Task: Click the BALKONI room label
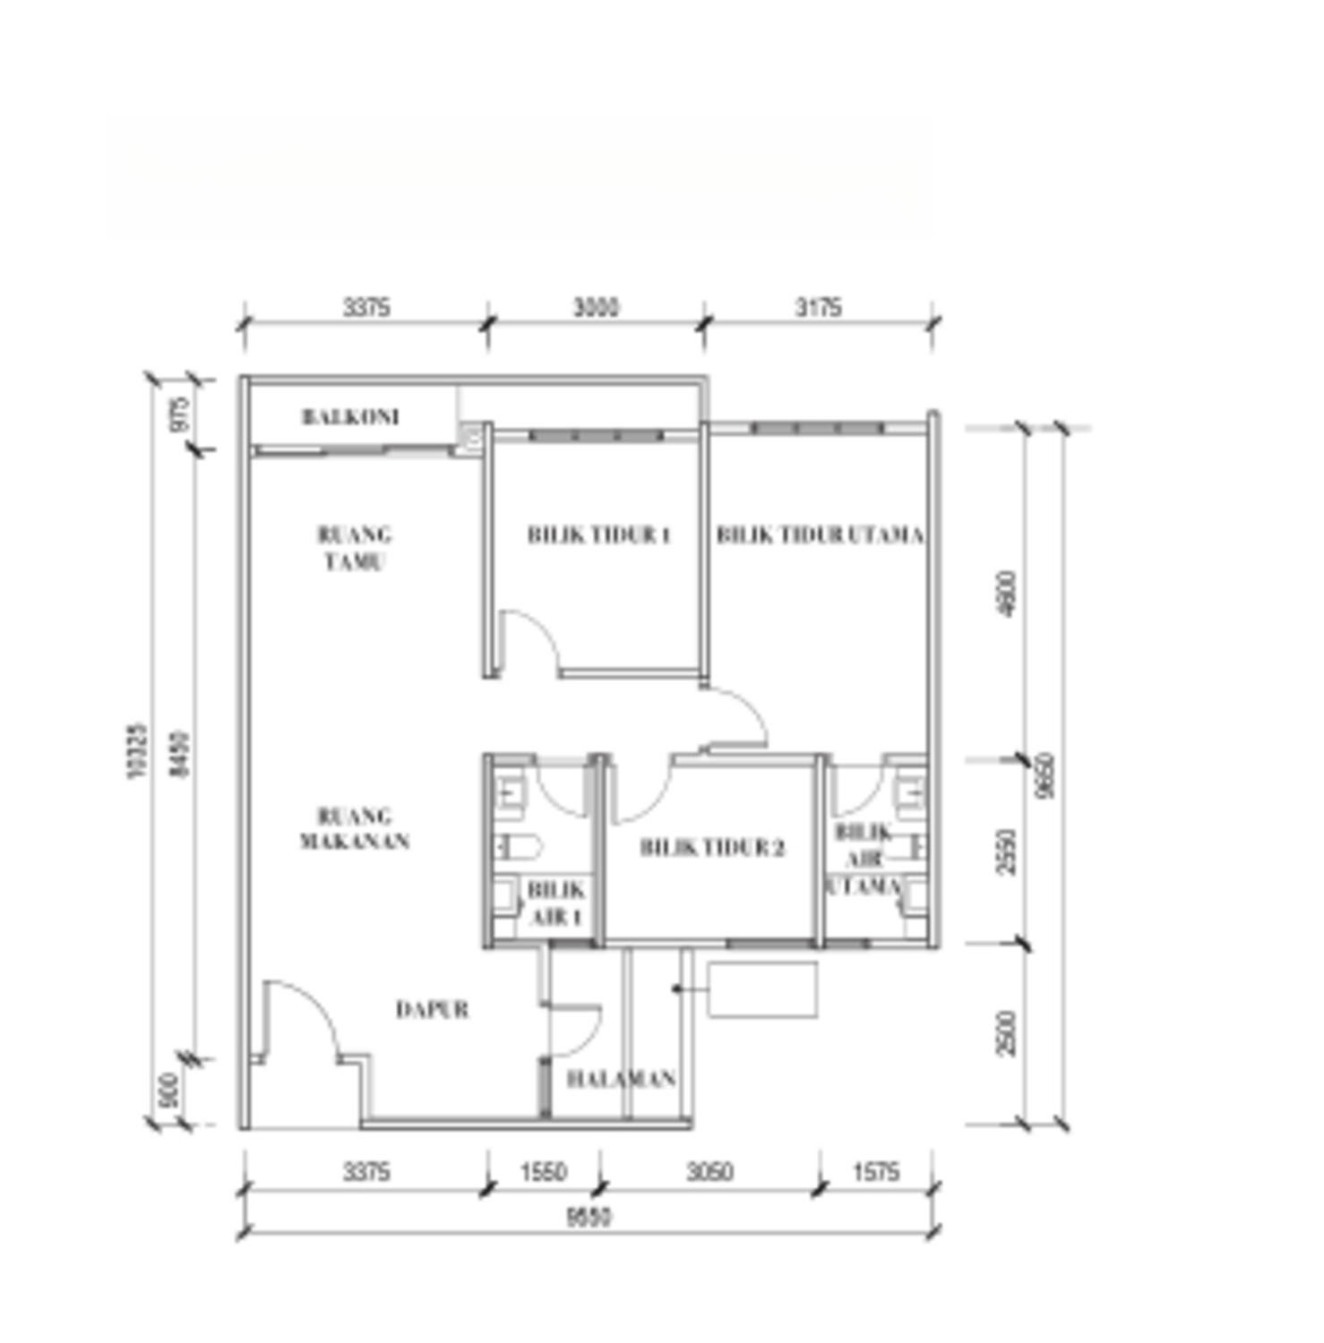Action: pos(350,417)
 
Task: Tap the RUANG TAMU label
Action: pos(354,548)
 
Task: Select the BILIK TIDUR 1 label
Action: pos(598,535)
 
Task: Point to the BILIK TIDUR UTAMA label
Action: pos(820,535)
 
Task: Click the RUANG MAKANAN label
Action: pos(355,828)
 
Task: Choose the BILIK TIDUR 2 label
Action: pos(712,847)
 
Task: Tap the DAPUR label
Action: pos(432,1010)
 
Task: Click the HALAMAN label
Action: pos(621,1079)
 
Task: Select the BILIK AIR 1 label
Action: pos(556,903)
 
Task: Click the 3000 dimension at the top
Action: pos(596,308)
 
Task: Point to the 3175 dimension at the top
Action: pos(818,308)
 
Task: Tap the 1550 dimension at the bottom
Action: pos(543,1172)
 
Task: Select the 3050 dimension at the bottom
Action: pos(709,1172)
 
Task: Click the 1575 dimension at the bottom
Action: pos(875,1172)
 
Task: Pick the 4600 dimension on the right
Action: pos(1007,594)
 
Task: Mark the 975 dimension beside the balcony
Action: pos(180,415)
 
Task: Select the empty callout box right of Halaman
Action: pos(762,989)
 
